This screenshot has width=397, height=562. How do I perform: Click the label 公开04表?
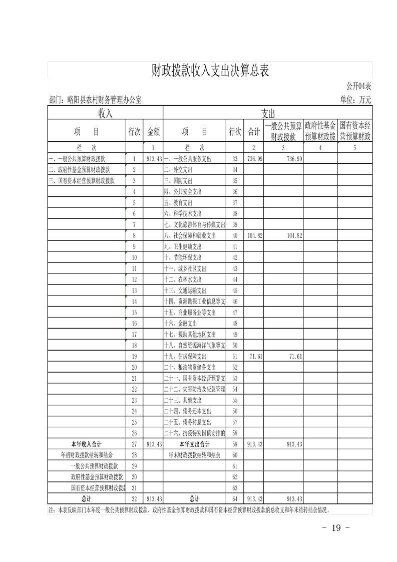click(x=358, y=86)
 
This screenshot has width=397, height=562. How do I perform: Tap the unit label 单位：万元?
click(x=356, y=100)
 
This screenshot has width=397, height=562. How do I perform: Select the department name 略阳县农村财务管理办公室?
click(x=104, y=100)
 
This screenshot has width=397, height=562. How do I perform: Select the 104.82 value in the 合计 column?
click(x=255, y=235)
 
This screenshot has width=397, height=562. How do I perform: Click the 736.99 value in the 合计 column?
click(x=255, y=159)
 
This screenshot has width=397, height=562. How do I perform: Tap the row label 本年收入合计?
click(x=87, y=444)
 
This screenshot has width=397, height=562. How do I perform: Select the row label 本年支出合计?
click(x=194, y=444)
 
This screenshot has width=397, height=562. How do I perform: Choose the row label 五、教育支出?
click(x=178, y=202)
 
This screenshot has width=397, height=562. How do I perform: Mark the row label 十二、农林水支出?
click(x=183, y=279)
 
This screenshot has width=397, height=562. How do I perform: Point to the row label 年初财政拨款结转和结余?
click(x=86, y=455)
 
